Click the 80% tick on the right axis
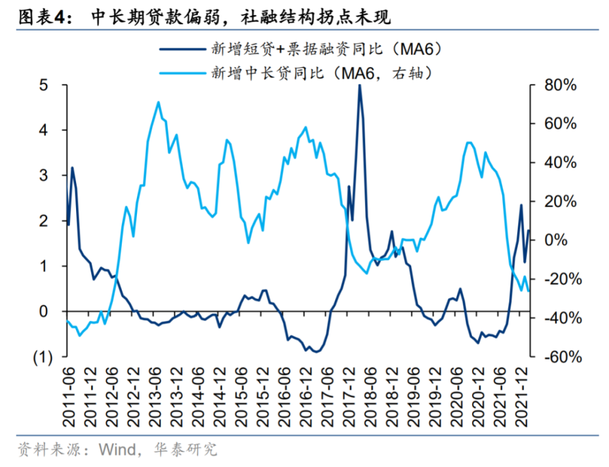pyautogui.click(x=559, y=85)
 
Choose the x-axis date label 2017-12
pyautogui.click(x=351, y=396)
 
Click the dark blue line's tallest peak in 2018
pyautogui.click(x=359, y=85)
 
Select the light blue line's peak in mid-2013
pyautogui.click(x=159, y=102)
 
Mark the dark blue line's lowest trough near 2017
pyautogui.click(x=316, y=352)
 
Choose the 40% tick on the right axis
pyautogui.click(x=559, y=163)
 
